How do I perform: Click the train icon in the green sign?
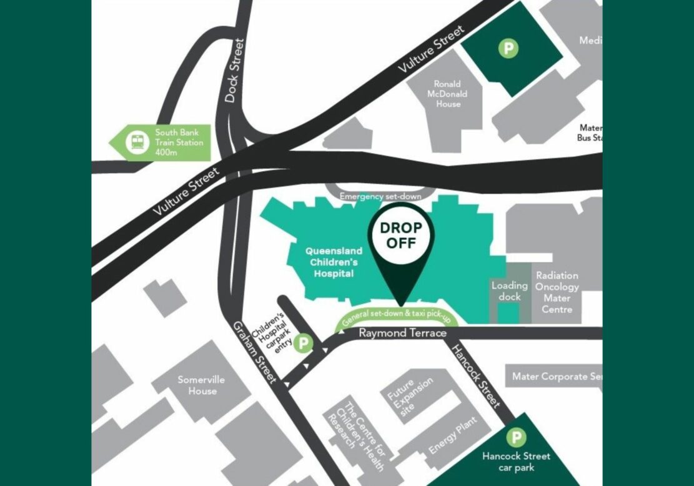[x=136, y=142]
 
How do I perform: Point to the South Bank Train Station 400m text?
[x=179, y=142]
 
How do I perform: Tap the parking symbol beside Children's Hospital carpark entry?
[x=304, y=342]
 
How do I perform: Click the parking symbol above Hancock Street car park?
[x=516, y=438]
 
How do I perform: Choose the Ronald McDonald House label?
[x=449, y=94]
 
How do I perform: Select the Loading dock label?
[x=510, y=291]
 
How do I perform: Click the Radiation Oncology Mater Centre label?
[x=557, y=292]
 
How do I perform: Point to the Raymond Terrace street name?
[x=402, y=333]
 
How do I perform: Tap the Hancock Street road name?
[x=476, y=376]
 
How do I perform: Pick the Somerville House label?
[x=201, y=385]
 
